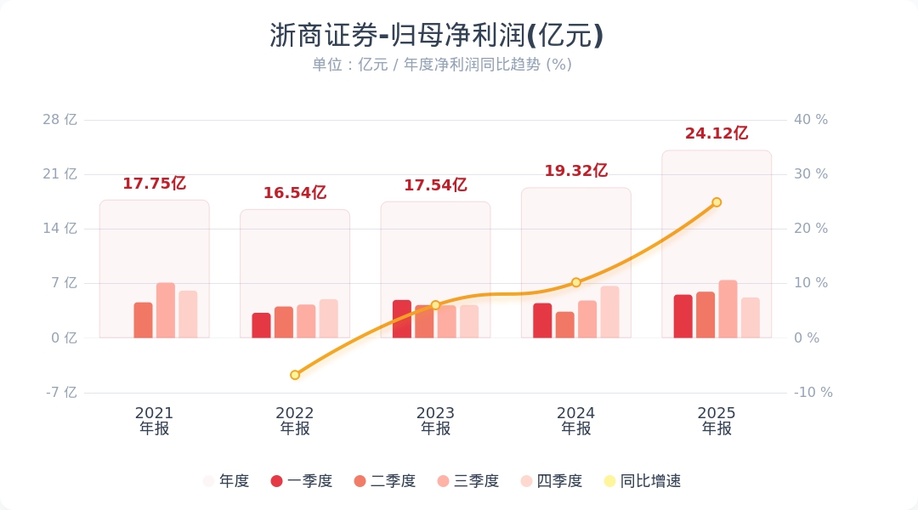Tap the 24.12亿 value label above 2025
pos(716,133)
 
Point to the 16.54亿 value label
pos(294,193)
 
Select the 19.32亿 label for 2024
pos(575,171)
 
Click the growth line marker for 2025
pos(717,202)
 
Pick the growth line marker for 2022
pos(295,375)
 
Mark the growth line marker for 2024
pos(575,282)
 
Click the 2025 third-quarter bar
pos(728,309)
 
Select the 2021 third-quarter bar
pos(166,310)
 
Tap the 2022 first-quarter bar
pos(261,326)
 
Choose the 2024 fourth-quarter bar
pos(609,312)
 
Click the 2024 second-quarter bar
pos(564,325)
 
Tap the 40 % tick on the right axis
pos(811,120)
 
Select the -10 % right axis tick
pos(813,393)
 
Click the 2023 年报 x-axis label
pos(435,421)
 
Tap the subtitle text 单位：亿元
pos(349,65)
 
